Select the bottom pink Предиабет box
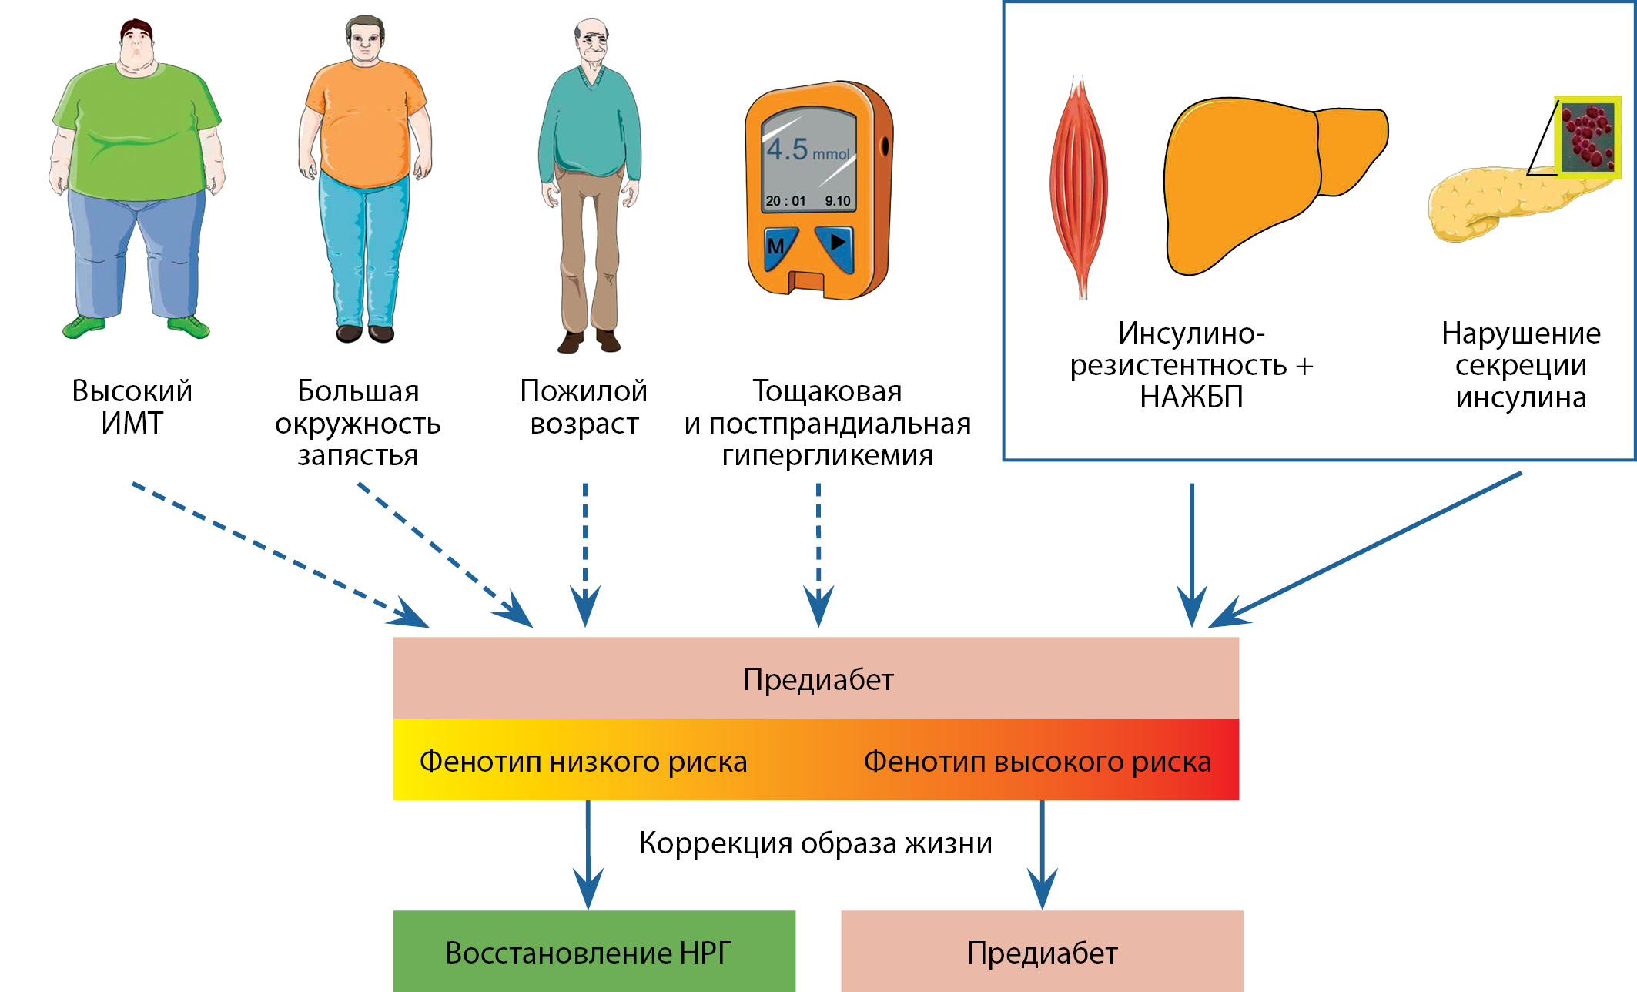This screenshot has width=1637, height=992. [1042, 952]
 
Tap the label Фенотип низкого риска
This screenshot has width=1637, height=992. [583, 761]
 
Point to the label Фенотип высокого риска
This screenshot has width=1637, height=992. [1037, 761]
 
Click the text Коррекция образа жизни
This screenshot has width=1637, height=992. [815, 843]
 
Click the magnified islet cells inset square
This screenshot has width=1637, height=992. [1588, 137]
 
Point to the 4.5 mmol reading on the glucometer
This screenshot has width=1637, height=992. [807, 149]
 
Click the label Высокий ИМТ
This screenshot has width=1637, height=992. [132, 407]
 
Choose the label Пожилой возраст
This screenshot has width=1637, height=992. [584, 407]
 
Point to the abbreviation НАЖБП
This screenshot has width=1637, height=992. [1191, 397]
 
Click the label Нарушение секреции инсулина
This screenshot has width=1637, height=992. [1521, 365]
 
